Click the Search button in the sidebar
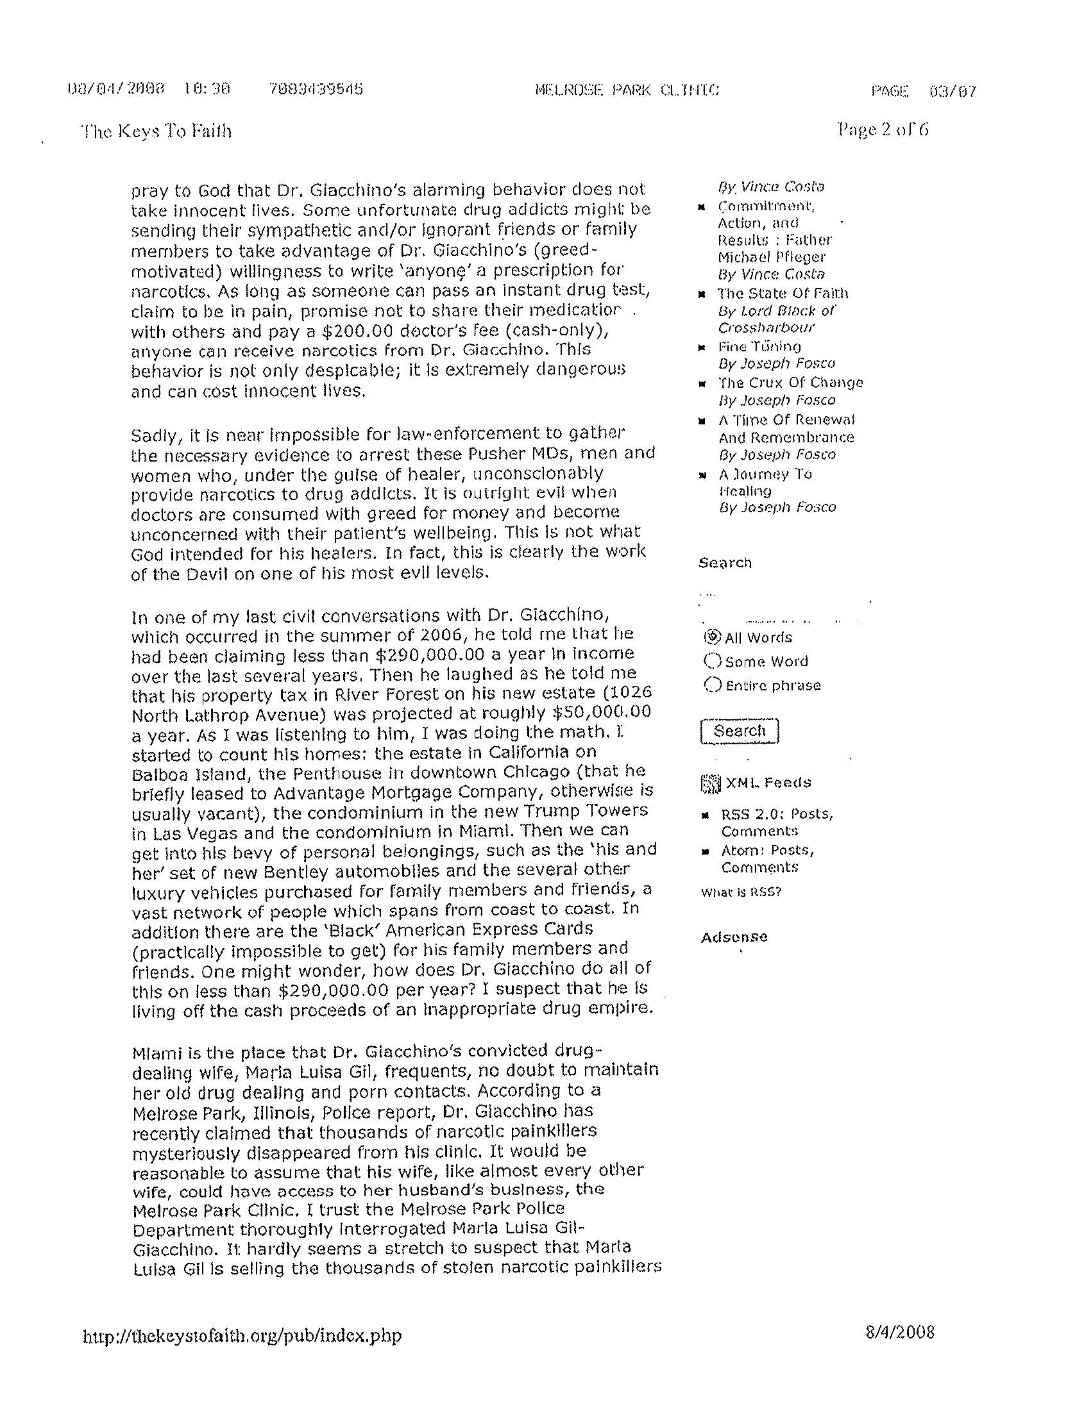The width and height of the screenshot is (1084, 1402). tap(739, 731)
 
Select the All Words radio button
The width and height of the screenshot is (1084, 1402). tap(711, 637)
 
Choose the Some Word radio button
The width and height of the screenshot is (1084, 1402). tap(712, 660)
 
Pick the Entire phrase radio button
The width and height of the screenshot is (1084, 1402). tap(712, 685)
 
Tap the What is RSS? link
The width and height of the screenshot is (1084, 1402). tap(741, 892)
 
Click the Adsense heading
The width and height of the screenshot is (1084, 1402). tap(734, 937)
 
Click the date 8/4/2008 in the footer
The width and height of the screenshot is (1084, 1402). tap(900, 1332)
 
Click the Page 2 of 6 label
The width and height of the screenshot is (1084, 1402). tap(883, 130)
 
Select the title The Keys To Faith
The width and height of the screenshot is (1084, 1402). tap(156, 131)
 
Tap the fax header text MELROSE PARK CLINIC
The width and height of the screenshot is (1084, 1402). tap(626, 90)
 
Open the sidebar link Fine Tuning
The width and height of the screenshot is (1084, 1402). tap(759, 347)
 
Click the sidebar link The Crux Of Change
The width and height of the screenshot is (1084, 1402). tap(790, 383)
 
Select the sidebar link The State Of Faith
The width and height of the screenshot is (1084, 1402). tap(783, 294)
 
